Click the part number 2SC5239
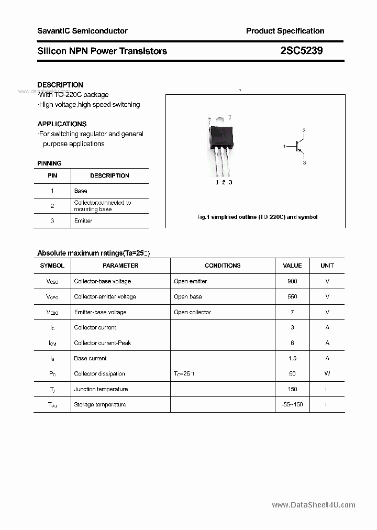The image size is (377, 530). point(302,51)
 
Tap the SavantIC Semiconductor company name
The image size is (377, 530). point(82,31)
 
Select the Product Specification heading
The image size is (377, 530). point(285,31)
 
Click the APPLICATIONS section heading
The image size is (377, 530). point(62,124)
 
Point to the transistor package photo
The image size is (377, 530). point(221,144)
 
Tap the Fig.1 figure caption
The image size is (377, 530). point(257,217)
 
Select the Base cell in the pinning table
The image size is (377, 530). point(81,191)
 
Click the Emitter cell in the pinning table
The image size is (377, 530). point(83,220)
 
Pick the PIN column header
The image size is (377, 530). point(52,175)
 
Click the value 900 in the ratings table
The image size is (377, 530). point(292,281)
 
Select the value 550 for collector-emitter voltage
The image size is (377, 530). point(292,296)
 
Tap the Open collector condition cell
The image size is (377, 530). point(192,312)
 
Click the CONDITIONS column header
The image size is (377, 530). point(223,266)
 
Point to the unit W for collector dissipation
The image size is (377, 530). point(327,373)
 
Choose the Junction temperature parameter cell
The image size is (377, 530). point(101,389)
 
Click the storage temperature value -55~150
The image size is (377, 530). point(292,404)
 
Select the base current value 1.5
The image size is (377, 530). point(292,358)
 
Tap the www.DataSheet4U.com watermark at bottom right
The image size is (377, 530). point(314,505)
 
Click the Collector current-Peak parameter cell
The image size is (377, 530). point(102,343)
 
